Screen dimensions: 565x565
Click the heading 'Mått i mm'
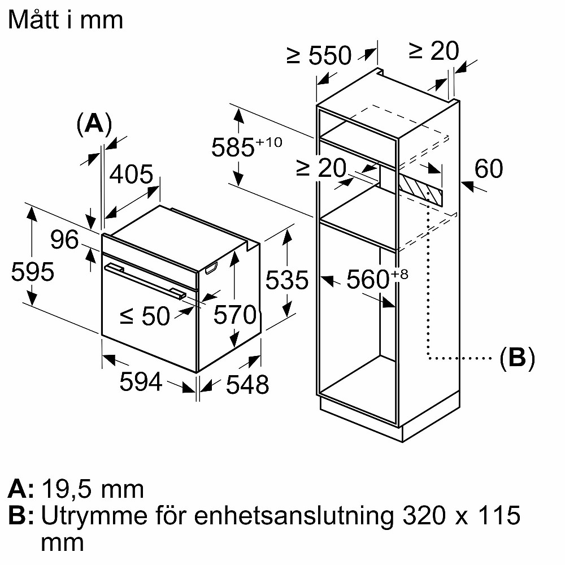click(x=66, y=20)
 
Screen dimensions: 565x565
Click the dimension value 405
click(x=131, y=175)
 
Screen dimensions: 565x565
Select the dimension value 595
click(x=33, y=272)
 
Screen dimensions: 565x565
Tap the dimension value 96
click(x=64, y=240)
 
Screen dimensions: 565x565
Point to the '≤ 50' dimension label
click(x=145, y=316)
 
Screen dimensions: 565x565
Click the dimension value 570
click(x=235, y=315)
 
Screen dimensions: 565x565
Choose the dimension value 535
click(x=288, y=280)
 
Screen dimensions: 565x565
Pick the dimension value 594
click(x=141, y=383)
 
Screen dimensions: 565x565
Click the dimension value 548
click(x=247, y=385)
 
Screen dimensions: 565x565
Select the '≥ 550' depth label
click(x=319, y=55)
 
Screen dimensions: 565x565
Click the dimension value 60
click(x=489, y=168)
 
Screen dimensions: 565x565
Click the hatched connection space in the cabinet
click(x=420, y=188)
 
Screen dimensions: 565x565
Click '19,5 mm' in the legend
click(x=93, y=489)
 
